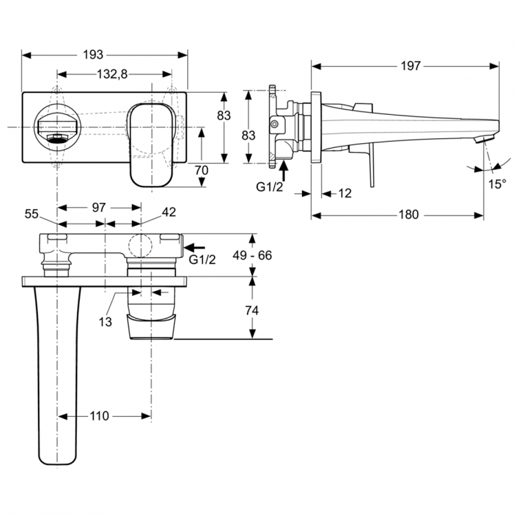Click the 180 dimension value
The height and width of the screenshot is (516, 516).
[x=408, y=215]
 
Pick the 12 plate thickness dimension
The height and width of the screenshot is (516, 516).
[x=345, y=194]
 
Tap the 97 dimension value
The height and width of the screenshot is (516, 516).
[x=98, y=206]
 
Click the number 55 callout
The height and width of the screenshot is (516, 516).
[x=32, y=214]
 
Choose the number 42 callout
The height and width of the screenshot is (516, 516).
[x=169, y=213]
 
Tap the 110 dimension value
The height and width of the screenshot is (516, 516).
[x=99, y=416]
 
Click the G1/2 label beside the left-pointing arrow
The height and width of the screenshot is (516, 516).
[x=202, y=259]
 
